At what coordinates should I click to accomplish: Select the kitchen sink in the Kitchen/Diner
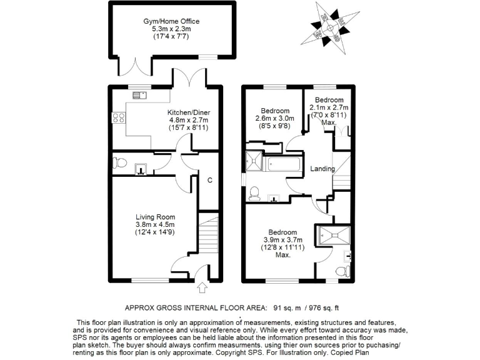[139, 95]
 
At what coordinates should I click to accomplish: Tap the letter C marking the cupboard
[210, 181]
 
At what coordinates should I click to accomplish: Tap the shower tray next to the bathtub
[255, 161]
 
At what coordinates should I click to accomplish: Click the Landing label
[322, 169]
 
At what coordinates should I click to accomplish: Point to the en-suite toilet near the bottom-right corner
[341, 271]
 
